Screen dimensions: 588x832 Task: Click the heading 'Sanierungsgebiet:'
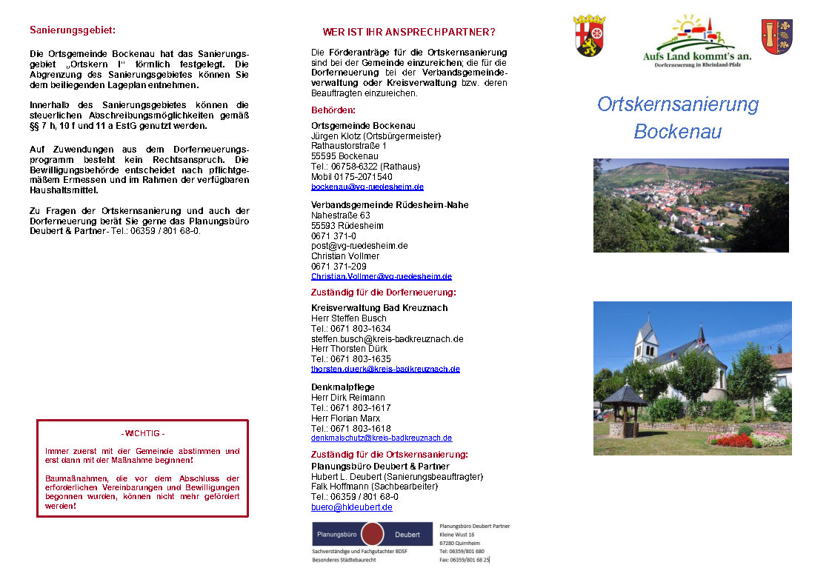(73, 30)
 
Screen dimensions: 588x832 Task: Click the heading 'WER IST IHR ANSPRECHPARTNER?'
(409, 33)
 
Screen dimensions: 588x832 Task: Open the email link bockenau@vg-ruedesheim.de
(367, 187)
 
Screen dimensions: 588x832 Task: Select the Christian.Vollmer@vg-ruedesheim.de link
(381, 276)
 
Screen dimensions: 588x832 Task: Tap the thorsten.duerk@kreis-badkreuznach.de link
(385, 369)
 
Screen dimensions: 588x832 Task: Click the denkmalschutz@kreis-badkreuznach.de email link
(382, 438)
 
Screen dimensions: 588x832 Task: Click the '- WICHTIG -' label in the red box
(143, 433)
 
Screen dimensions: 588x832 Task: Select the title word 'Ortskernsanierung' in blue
(678, 104)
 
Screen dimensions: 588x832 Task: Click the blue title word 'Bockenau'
(677, 132)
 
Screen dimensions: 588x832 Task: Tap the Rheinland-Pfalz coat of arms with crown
(590, 36)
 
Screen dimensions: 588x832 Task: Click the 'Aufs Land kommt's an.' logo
(696, 41)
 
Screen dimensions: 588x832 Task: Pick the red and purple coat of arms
(776, 37)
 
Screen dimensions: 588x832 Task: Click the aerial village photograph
(690, 205)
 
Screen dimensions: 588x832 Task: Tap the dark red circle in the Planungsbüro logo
(373, 534)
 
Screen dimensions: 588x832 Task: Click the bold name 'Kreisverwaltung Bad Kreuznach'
(379, 308)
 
